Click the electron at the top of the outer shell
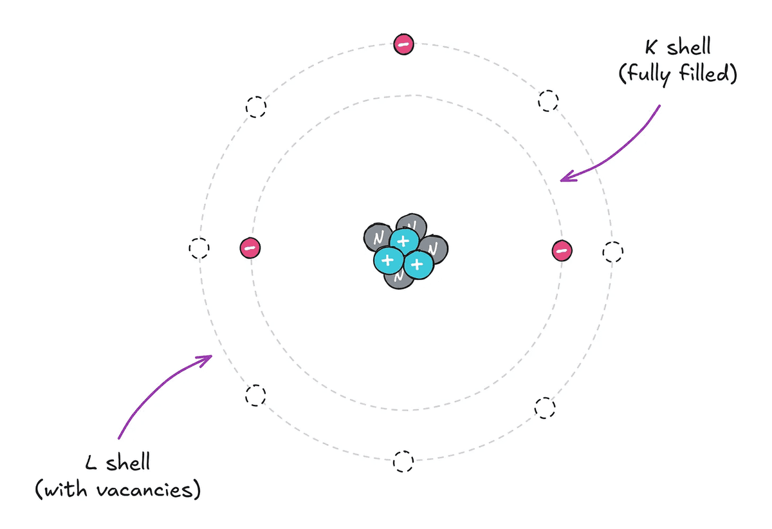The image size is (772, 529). point(403,44)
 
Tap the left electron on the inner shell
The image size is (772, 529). point(250,248)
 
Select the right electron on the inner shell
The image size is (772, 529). point(562,250)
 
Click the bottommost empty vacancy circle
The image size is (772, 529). point(403,461)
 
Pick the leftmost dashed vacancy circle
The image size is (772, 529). point(199,248)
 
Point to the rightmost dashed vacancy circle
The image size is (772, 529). point(612,252)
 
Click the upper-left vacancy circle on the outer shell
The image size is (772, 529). point(256,107)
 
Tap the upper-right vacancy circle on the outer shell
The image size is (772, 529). point(548,100)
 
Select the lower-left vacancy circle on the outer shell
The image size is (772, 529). point(256,395)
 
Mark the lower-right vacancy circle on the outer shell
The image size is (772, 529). point(545,408)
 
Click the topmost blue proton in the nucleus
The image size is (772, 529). point(404,241)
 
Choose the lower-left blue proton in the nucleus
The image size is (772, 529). point(389,261)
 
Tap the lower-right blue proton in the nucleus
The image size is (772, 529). point(418,264)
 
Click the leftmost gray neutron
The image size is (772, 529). point(378,237)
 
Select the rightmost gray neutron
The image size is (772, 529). point(435,249)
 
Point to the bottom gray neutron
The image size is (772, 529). point(399,278)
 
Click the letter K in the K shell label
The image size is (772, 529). point(651,48)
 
